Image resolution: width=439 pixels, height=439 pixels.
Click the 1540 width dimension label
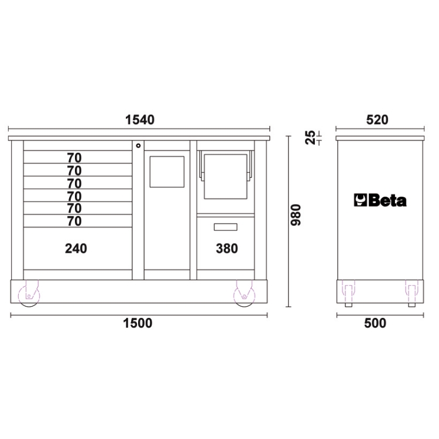click(x=140, y=120)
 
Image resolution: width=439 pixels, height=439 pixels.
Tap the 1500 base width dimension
click(x=138, y=323)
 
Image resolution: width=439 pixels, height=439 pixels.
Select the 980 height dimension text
click(x=296, y=215)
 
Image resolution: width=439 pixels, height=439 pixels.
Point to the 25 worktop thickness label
click(x=310, y=138)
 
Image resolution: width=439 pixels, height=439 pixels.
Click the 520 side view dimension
click(x=377, y=120)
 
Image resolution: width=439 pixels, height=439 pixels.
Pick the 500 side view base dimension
click(x=375, y=323)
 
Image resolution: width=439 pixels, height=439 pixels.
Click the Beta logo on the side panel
click(x=380, y=200)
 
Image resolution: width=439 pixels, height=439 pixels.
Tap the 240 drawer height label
click(x=76, y=248)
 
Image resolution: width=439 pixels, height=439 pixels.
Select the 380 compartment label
click(x=227, y=248)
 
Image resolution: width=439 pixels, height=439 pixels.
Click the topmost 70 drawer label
click(x=74, y=158)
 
